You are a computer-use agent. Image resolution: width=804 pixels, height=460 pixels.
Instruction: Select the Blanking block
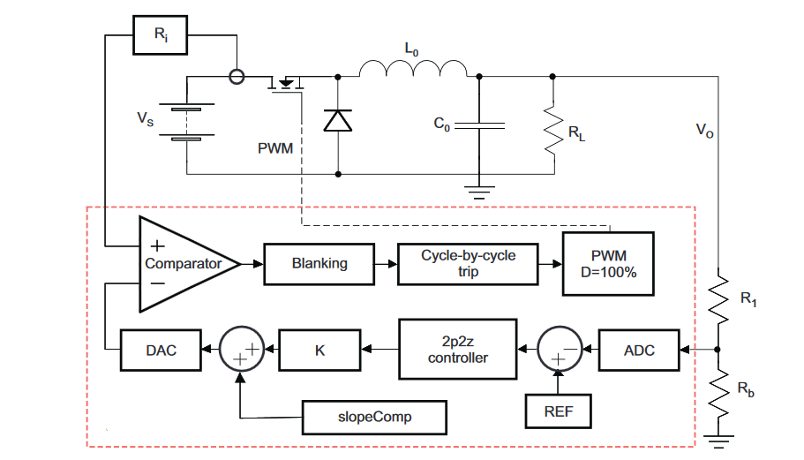tap(319, 263)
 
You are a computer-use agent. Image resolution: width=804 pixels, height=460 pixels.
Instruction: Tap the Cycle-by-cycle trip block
tap(468, 263)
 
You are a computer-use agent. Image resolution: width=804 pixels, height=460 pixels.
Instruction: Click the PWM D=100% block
tap(608, 263)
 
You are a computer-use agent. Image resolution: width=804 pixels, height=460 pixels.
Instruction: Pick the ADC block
tap(639, 351)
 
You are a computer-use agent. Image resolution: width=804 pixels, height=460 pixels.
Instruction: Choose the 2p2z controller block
tap(457, 351)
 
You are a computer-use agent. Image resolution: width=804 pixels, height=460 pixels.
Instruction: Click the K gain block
tap(319, 351)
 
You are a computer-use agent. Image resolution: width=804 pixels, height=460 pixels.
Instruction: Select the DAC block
tap(160, 351)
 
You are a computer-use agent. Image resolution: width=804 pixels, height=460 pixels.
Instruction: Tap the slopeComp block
tap(373, 416)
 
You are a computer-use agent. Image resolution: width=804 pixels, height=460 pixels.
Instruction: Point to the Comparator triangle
tap(181, 263)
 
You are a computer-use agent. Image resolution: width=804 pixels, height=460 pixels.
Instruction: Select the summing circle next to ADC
tap(559, 351)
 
